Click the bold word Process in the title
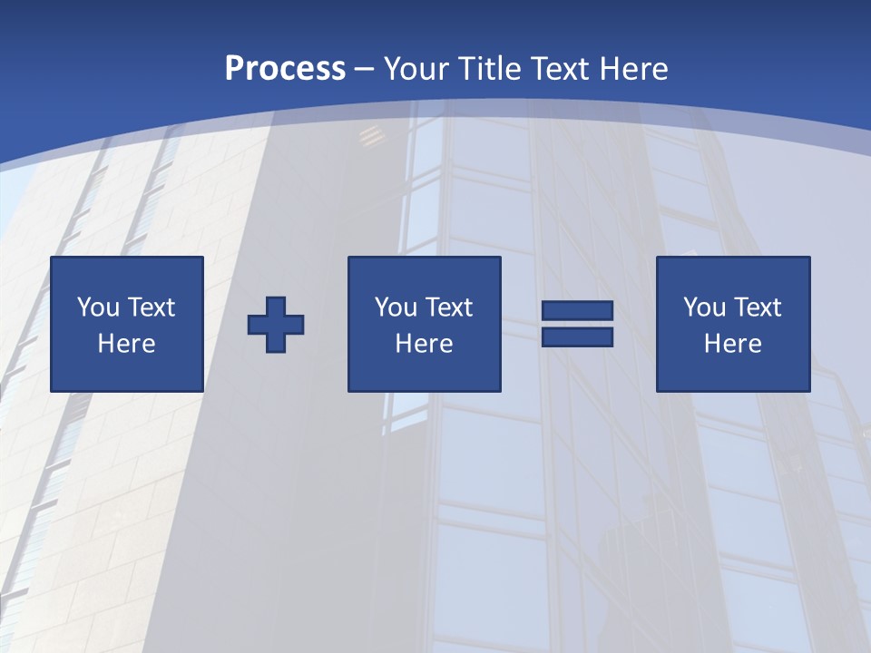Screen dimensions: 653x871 point(285,69)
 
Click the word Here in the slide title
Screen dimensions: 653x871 point(635,69)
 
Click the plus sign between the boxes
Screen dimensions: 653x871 point(276,325)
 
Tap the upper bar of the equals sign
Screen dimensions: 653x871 point(577,311)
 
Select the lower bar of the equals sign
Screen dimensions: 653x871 point(577,337)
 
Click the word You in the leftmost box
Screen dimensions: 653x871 point(99,307)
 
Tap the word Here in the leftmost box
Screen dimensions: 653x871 point(127,344)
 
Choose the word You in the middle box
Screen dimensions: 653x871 point(396,307)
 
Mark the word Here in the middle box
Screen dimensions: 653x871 point(425,344)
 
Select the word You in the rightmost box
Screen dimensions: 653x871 point(705,307)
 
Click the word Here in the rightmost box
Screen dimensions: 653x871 point(733,344)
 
